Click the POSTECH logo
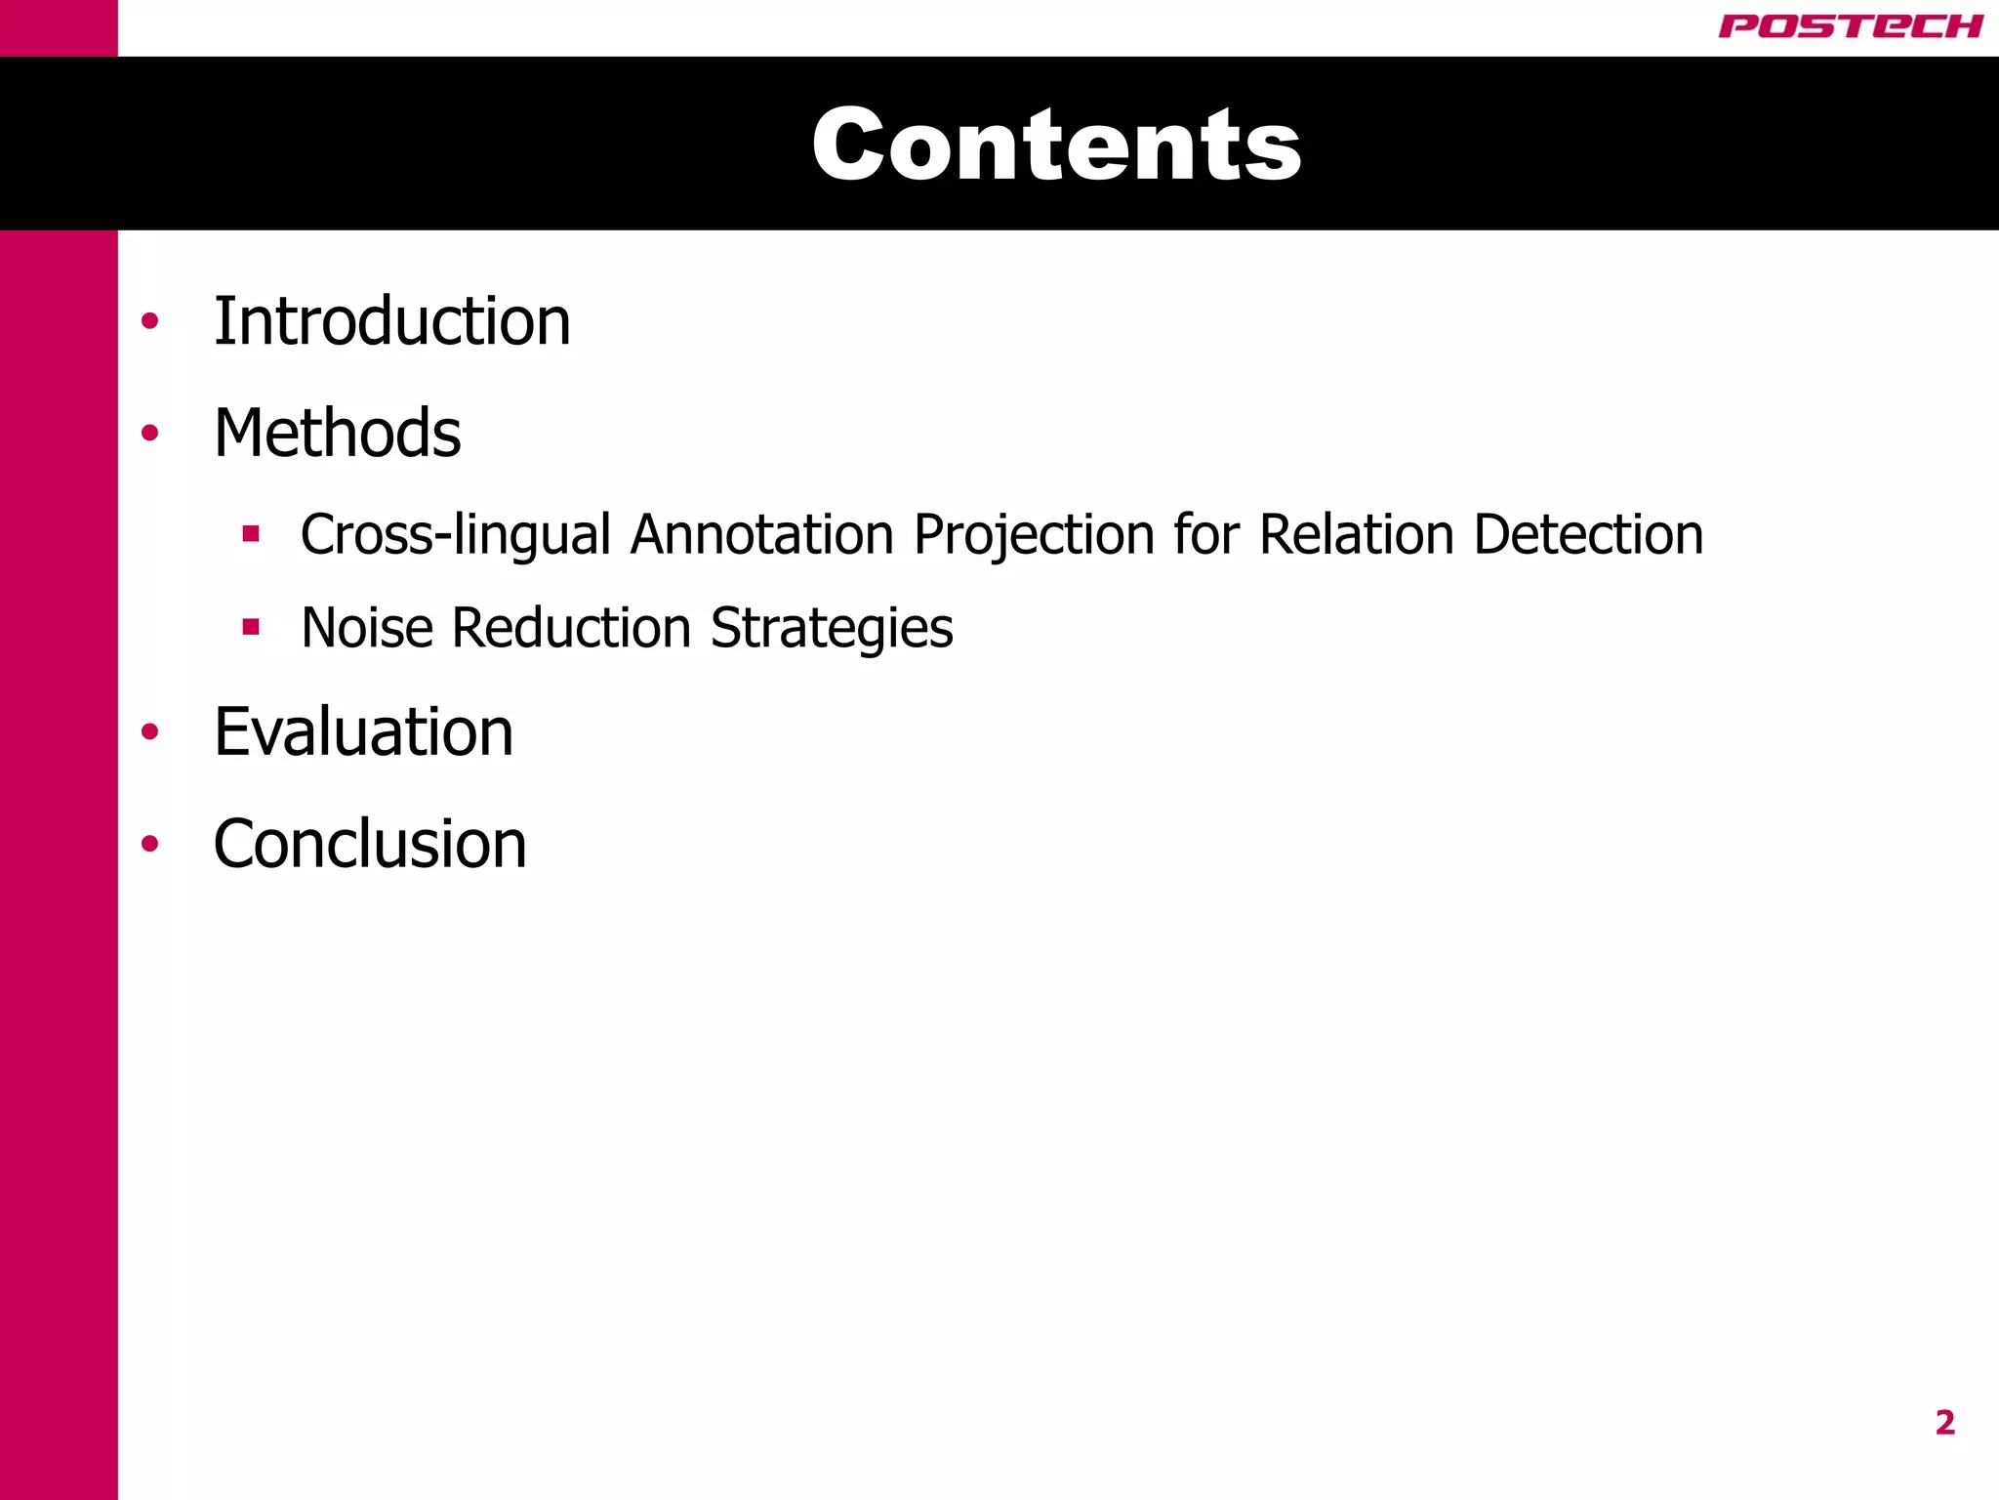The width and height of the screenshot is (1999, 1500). coord(1850,26)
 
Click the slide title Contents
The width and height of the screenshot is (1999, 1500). coord(1056,145)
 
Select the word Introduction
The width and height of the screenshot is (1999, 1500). coord(391,321)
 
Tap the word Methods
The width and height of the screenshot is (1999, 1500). coord(337,433)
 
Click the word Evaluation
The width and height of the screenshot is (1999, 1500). coord(363,731)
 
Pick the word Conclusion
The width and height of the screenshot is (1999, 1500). coord(370,844)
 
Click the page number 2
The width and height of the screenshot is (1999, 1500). coord(1944,1423)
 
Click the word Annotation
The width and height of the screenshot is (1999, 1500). coord(762,535)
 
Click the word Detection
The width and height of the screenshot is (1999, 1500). coord(1588,535)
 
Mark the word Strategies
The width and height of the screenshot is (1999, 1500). coord(832,628)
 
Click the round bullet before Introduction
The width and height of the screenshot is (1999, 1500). coord(149,321)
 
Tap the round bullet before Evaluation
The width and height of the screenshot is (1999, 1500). coord(149,731)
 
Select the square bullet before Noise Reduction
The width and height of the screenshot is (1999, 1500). coord(252,626)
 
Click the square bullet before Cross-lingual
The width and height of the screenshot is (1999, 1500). coord(252,533)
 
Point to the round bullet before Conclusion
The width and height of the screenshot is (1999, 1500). coord(149,844)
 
